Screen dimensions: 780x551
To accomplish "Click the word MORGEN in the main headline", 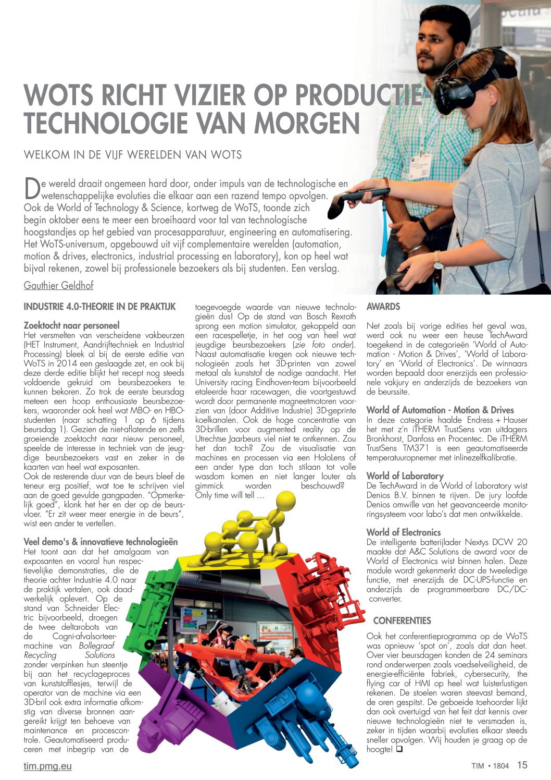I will (x=307, y=123).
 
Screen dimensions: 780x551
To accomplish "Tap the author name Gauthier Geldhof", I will (x=58, y=285).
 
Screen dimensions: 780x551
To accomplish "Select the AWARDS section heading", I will (x=383, y=307).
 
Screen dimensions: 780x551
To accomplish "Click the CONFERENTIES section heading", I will (x=402, y=620).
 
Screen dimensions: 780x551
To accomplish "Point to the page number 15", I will (x=522, y=765).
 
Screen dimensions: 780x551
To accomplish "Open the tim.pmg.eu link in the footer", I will (x=48, y=766).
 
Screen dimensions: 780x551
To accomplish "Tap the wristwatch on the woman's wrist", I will (x=438, y=260).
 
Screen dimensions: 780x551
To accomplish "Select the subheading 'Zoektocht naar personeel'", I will (x=72, y=325).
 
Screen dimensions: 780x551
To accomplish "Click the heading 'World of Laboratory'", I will (x=405, y=476).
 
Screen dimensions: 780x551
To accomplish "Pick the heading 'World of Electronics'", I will (x=404, y=532).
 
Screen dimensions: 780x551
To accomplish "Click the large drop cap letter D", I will (x=32, y=189).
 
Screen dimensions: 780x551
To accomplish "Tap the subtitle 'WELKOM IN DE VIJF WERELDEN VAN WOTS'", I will (x=133, y=155).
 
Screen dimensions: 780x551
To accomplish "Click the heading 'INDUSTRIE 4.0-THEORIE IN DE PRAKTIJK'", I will (x=100, y=307).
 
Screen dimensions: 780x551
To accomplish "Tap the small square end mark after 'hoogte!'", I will (x=399, y=750).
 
